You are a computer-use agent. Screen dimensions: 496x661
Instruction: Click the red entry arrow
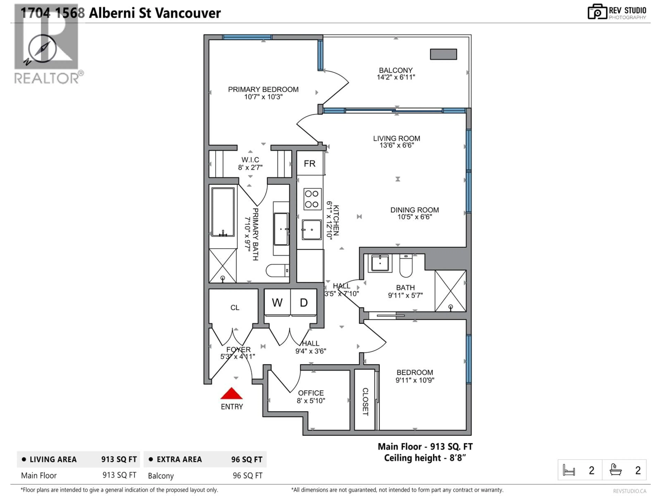click(231, 394)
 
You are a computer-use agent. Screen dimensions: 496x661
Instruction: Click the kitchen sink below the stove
click(311, 230)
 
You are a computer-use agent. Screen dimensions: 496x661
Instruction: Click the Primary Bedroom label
click(263, 89)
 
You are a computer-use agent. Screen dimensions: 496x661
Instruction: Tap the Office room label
click(311, 393)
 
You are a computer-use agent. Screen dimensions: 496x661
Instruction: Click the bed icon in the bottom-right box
click(569, 470)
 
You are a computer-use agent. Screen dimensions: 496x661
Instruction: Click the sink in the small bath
click(380, 263)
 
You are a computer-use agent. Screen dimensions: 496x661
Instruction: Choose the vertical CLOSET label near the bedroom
click(365, 401)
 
